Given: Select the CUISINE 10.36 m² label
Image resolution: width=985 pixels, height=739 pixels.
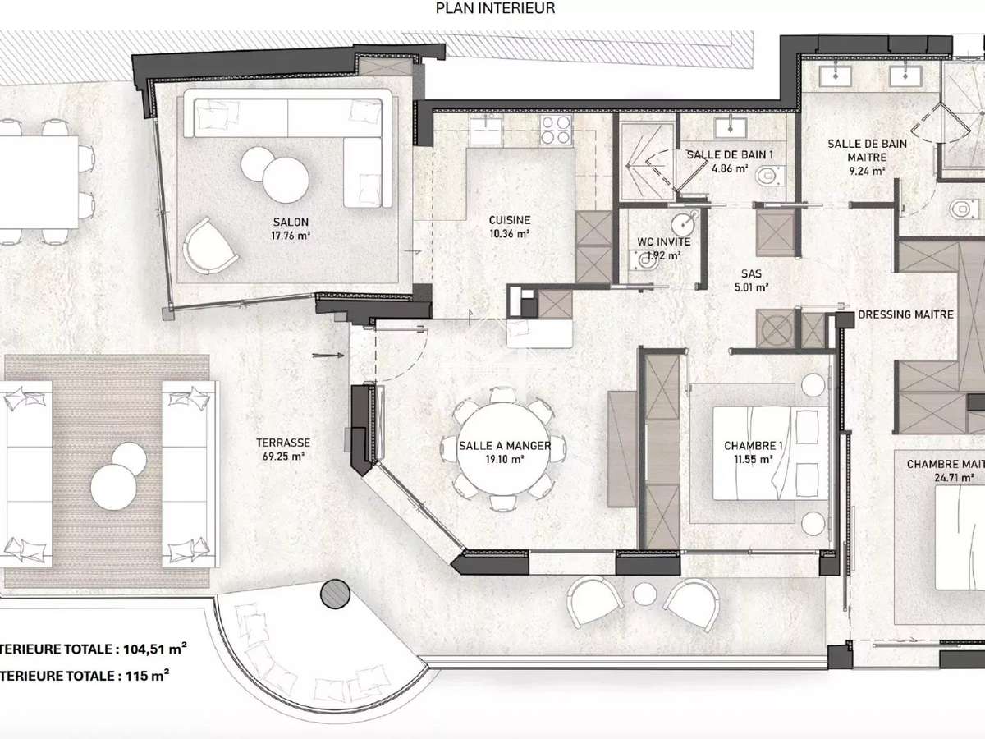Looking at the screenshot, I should point(509,227).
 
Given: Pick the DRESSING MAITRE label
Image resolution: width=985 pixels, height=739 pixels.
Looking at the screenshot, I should point(905,314).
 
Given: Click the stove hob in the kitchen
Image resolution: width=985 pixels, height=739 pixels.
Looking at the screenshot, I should point(557,130).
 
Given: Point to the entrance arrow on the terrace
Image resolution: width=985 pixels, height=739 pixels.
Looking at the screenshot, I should point(327,356).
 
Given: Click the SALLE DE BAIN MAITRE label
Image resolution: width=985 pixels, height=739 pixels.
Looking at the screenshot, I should point(867,156).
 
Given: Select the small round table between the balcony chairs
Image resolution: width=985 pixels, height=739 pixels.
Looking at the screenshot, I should point(643,593).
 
